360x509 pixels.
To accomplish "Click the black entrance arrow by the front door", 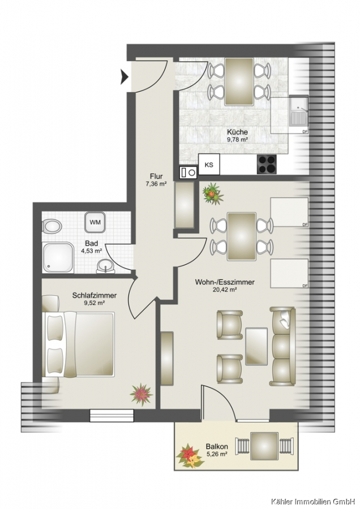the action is coord(125,77).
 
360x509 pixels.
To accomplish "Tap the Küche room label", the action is coord(237,132).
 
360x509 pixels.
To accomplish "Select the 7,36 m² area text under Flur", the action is coord(156,184).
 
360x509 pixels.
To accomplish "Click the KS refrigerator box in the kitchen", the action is coord(209,165).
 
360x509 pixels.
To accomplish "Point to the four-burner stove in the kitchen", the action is coord(267,164).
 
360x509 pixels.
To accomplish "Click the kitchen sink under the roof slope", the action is coord(299,111).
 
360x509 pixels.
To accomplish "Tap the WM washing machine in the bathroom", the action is coord(95,222).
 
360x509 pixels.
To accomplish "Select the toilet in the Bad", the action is coord(52,226).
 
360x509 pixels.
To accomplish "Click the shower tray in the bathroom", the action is coord(58,257).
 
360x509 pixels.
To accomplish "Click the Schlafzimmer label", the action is coord(94,295).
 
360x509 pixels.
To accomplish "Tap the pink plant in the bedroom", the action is coord(141,394).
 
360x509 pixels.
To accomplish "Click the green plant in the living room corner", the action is coord(213,194).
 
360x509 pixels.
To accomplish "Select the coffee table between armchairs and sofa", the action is coord(256,346).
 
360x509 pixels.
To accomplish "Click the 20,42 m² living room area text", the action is coord(224,290).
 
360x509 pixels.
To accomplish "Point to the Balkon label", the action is coord(217,447).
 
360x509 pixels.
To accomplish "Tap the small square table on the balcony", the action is coord(264,446).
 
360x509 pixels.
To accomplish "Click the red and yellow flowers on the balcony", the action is coord(190,456).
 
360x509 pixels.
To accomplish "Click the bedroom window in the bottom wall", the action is coord(112,415).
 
